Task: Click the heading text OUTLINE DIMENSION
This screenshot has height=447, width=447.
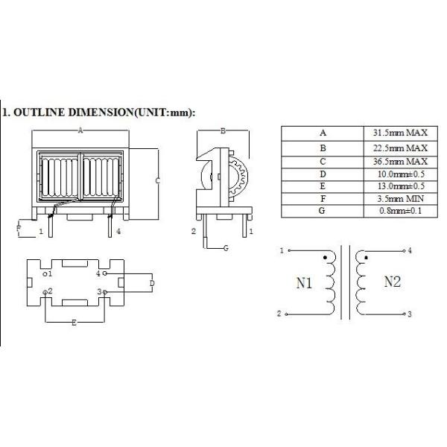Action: point(97,113)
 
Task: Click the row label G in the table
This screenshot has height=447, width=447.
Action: point(323,212)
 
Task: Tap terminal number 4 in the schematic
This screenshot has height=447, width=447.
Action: point(410,251)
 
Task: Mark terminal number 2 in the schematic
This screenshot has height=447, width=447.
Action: point(279,314)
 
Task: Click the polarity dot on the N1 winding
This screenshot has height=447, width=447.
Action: point(325,259)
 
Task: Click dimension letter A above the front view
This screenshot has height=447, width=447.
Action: point(80,130)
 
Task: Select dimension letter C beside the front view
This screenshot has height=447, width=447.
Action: point(158,180)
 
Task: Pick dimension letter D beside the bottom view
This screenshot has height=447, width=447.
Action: point(152,283)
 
